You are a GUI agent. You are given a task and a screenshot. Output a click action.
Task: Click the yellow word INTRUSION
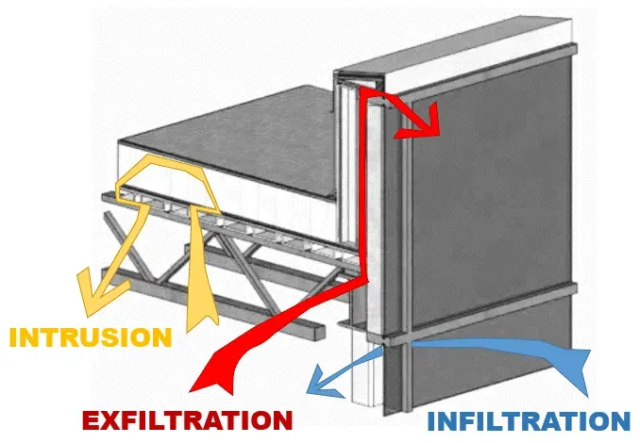click(92, 336)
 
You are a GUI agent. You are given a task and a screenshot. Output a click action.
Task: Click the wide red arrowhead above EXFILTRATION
click(213, 376)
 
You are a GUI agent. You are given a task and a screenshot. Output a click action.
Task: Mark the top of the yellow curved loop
click(165, 160)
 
